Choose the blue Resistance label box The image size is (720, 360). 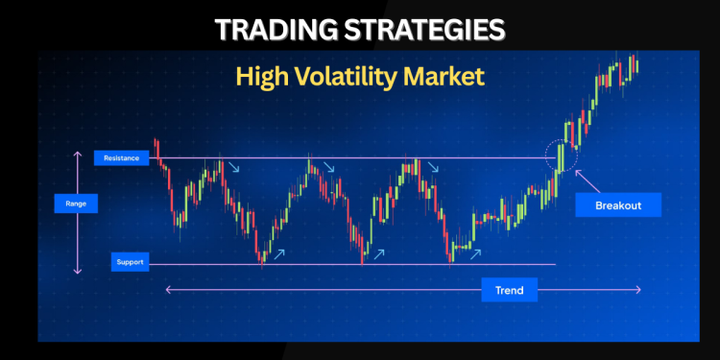point(121,157)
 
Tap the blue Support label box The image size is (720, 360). point(129,262)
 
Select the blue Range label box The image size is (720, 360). point(76,204)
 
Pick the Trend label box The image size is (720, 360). point(510,289)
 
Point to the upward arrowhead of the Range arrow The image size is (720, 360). point(78,153)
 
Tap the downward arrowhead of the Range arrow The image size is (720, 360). point(78,272)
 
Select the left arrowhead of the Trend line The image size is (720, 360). point(168,289)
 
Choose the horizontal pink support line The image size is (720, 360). point(384,264)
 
